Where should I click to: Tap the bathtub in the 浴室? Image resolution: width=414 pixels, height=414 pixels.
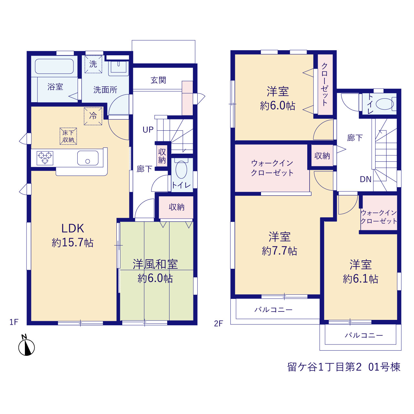[x=54, y=66]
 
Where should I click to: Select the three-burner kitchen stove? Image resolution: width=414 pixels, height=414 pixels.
[x=45, y=158]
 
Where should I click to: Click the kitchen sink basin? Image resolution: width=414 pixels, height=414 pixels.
[x=88, y=158]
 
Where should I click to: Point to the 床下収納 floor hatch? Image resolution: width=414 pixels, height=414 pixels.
[x=68, y=136]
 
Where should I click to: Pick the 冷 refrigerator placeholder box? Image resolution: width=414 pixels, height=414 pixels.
[x=93, y=116]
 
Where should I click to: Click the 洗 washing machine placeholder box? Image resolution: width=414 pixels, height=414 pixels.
[x=93, y=64]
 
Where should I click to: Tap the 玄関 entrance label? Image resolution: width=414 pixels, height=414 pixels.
[x=158, y=80]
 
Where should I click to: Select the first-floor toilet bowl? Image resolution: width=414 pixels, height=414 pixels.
[x=181, y=169]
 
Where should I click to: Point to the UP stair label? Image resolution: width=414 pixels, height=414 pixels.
[x=148, y=130]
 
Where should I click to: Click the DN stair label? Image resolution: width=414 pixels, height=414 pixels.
[x=366, y=180]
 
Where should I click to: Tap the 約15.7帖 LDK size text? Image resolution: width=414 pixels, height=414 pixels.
[x=73, y=243]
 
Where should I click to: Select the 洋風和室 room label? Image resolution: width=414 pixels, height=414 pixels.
[x=155, y=264]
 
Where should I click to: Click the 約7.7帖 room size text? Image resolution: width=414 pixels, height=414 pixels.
[x=279, y=251]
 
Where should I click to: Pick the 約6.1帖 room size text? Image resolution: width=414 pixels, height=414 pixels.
[x=361, y=279]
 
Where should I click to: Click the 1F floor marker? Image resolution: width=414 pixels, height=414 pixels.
[x=14, y=322]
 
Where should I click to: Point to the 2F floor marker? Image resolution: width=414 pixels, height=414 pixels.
[x=219, y=323]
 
